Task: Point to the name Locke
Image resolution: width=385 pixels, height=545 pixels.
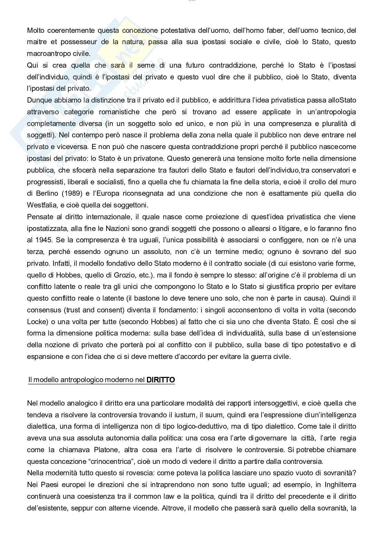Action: point(36,322)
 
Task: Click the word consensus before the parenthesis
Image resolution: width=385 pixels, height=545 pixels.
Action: point(43,310)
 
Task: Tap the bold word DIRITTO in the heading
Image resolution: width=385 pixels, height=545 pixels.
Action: point(161,380)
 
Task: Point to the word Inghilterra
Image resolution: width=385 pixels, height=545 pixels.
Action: point(340,485)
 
